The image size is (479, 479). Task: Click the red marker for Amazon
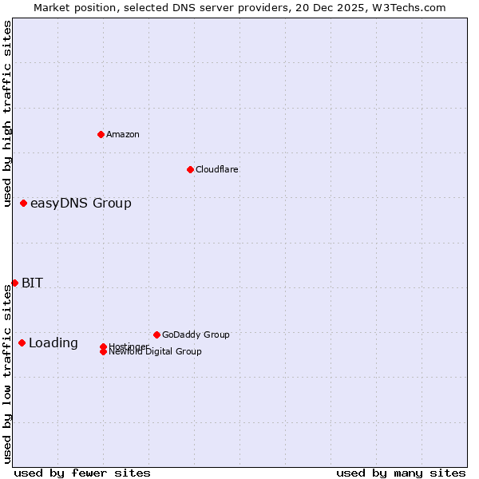tap(101, 134)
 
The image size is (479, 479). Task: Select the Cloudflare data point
tap(190, 169)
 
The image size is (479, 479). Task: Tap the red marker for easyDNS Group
tap(23, 204)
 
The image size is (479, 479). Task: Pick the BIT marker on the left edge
tap(14, 283)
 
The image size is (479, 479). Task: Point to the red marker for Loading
tap(22, 343)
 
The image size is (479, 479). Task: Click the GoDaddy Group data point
tap(156, 335)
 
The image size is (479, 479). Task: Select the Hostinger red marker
tap(104, 346)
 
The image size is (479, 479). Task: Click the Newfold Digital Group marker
tap(104, 352)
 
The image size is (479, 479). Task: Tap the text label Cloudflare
tap(216, 169)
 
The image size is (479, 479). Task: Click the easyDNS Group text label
tap(81, 204)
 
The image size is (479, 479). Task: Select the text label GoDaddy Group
tap(196, 335)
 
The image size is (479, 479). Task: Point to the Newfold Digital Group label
tap(155, 352)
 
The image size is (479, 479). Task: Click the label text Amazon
tap(122, 134)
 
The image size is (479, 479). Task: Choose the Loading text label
tap(53, 343)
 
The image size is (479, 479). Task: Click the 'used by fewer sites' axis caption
tap(82, 473)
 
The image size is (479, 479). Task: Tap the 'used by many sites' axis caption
tap(401, 473)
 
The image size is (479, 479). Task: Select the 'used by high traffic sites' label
tap(7, 113)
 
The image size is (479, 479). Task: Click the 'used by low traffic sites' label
tap(7, 374)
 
